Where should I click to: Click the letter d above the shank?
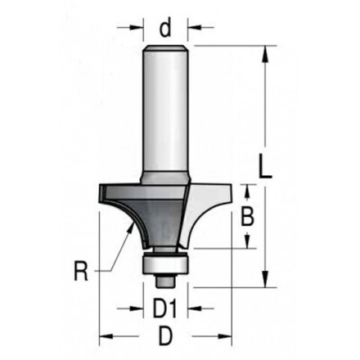coord(165,29)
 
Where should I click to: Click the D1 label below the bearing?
coord(166,312)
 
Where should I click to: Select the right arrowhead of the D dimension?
coord(227,336)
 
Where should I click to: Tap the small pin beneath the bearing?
coord(165,280)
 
